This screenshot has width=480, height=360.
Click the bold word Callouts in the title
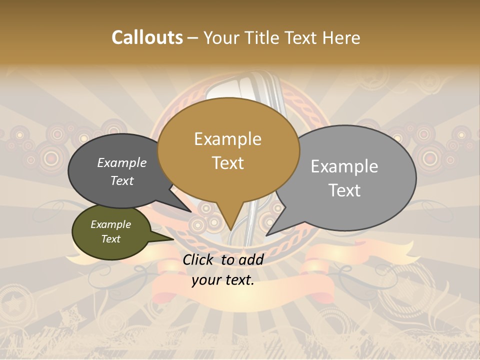coord(147,37)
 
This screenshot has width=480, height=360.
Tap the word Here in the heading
coord(341,37)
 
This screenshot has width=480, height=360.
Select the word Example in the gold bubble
coord(227,139)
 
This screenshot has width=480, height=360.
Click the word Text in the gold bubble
coord(227,162)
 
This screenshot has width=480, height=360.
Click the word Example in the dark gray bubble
coord(122,162)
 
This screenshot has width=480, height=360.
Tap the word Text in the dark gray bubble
coord(122,180)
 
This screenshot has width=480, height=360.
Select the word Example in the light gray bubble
coord(344,166)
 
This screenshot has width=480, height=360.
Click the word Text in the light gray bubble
coord(344,190)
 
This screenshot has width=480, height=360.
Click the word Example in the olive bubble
coord(110,224)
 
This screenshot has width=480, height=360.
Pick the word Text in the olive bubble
coord(110,239)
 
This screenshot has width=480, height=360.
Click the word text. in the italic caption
coord(238,280)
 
